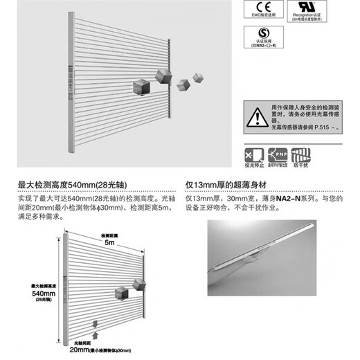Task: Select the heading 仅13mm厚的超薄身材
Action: click(228, 186)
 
